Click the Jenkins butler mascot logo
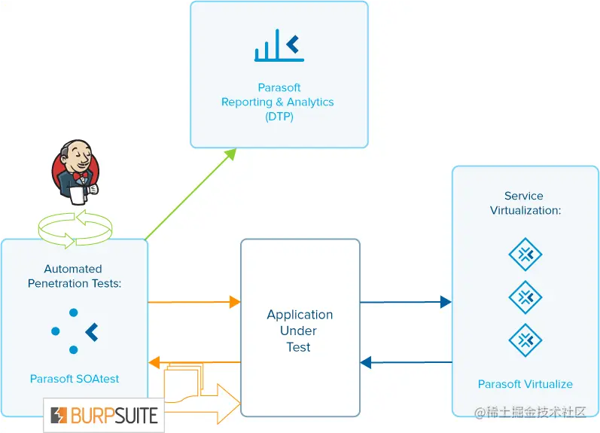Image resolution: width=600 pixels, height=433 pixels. (75, 172)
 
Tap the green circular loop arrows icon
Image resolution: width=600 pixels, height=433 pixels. (75, 228)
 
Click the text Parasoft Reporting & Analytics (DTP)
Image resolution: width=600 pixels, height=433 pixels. (278, 102)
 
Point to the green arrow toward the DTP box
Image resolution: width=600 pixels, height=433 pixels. (191, 194)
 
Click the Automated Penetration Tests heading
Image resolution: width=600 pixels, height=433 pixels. (74, 276)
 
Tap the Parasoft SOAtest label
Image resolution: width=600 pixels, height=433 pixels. (75, 379)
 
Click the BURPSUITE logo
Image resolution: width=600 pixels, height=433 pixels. (104, 415)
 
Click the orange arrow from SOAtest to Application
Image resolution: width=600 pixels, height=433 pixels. (194, 302)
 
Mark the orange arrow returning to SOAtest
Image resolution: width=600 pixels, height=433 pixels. (194, 362)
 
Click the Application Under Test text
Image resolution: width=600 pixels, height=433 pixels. (300, 331)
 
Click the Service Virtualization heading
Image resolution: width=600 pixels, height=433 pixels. (525, 203)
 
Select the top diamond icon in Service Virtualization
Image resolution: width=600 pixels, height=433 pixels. (525, 255)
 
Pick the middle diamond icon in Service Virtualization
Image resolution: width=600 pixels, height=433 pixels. (525, 297)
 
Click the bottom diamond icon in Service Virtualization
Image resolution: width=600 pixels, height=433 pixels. (525, 340)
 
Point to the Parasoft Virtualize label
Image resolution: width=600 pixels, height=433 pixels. (525, 384)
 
